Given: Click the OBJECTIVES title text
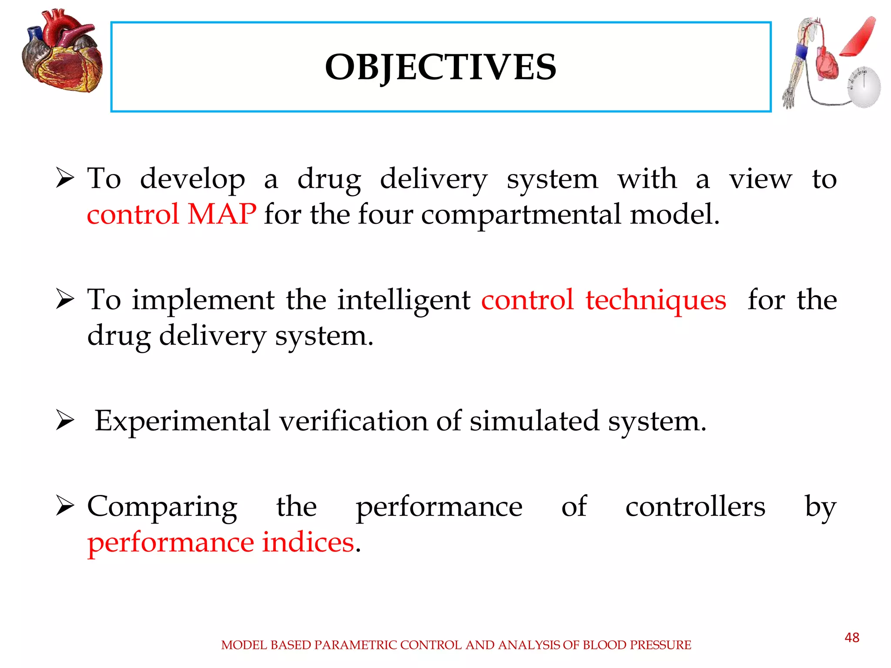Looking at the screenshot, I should [440, 67].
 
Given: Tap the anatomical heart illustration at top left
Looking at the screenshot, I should [62, 52].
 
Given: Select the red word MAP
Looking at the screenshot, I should [222, 214].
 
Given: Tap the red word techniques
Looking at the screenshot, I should [656, 300].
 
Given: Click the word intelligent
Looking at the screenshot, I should [404, 300].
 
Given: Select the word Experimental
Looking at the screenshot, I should [183, 421].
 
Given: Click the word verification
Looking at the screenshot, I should [353, 421].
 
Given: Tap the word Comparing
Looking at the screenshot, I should [162, 507].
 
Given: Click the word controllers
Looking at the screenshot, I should [695, 506].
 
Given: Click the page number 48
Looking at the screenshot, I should [851, 638].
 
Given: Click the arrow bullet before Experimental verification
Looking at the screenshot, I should [65, 421].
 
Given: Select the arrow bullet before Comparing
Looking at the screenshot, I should [65, 506].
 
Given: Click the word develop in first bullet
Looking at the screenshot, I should [192, 179].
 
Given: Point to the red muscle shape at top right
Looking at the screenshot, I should [858, 37].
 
